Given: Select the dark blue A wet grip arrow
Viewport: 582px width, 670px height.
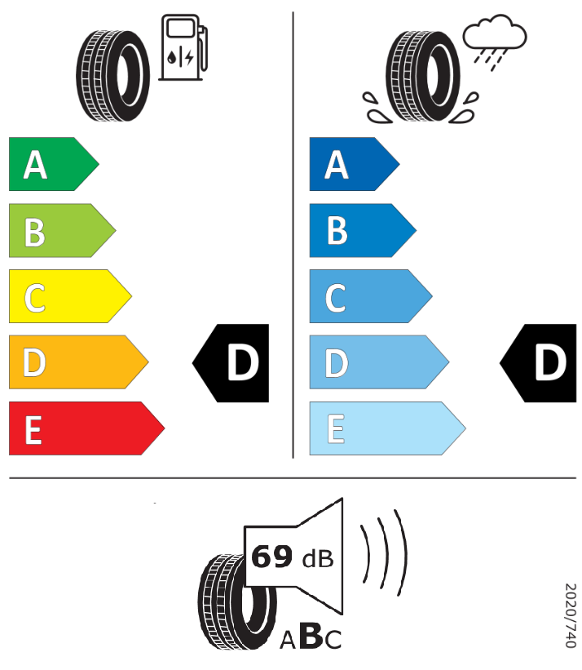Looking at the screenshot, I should (351, 164).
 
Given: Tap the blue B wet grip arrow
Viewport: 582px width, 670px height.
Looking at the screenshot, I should (359, 231).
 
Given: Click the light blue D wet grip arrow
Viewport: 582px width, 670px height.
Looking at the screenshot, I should (375, 362).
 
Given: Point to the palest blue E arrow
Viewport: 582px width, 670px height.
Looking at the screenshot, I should (383, 428).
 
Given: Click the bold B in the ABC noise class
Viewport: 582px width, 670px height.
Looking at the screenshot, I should (311, 637).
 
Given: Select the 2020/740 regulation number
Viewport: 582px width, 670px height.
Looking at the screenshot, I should (571, 615).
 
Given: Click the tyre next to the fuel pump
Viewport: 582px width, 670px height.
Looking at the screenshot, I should (114, 75).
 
